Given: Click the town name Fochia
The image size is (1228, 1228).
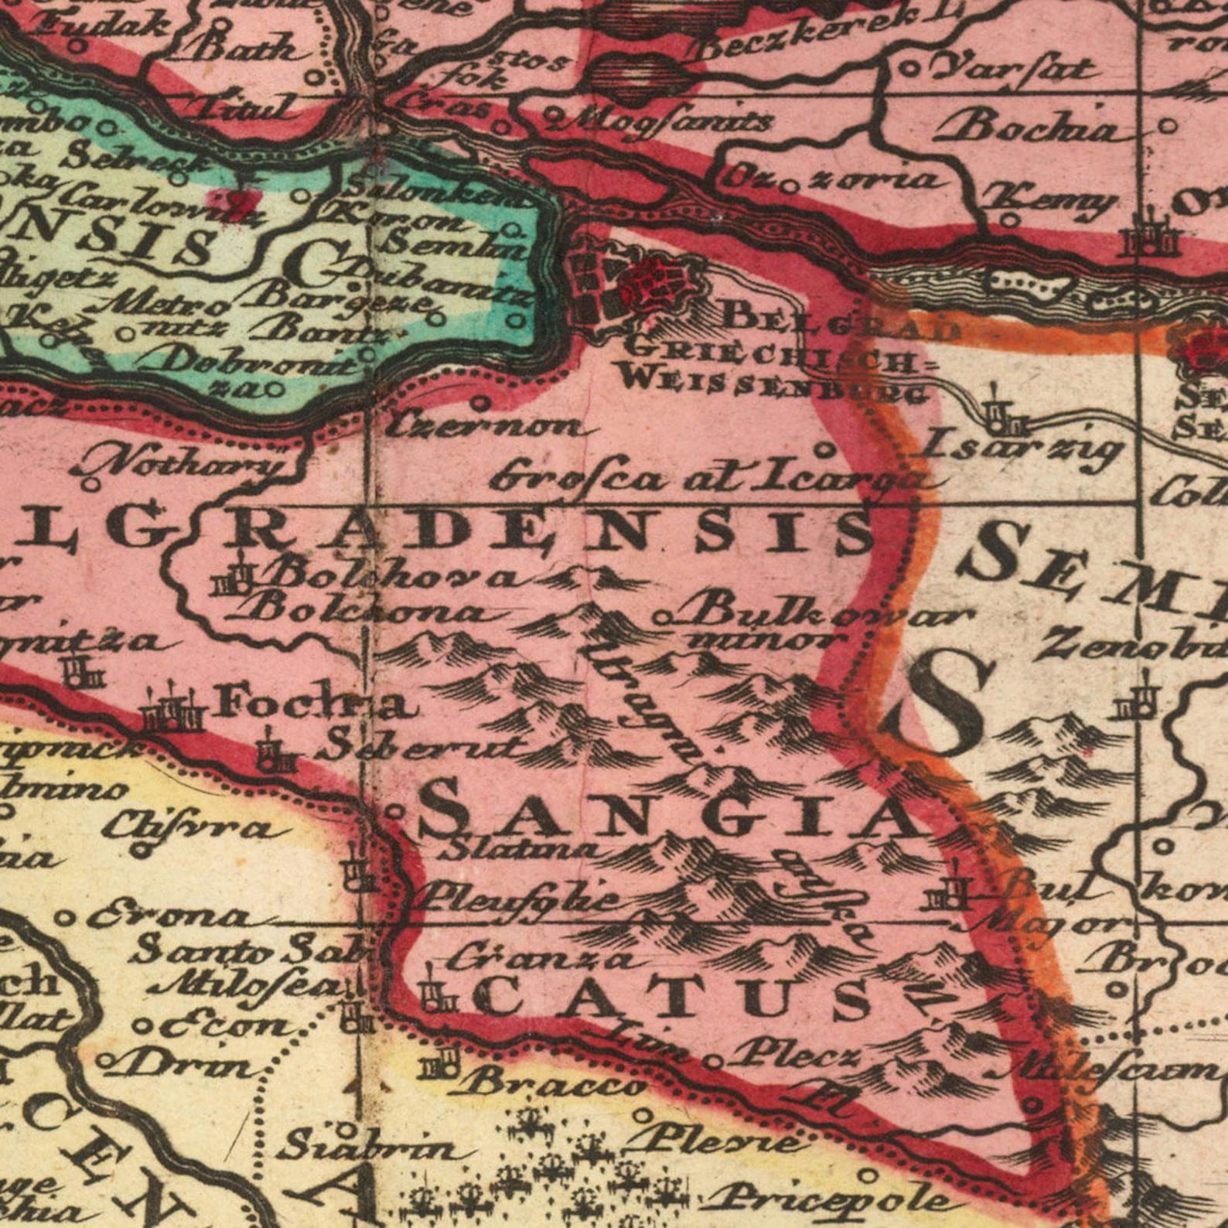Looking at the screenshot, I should (318, 704).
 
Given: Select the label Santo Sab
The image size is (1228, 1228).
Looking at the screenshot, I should (247, 950).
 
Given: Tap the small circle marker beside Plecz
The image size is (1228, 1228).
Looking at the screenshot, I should (717, 1062).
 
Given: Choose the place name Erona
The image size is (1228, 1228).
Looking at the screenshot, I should (170, 918).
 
